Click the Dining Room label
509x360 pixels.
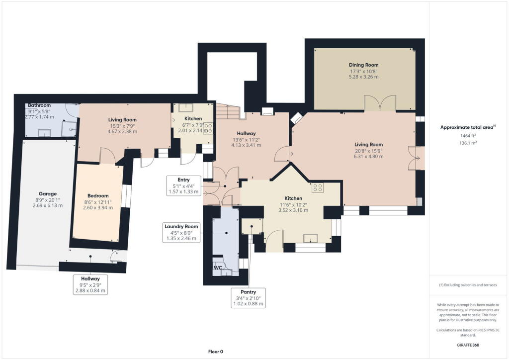coord(364,65)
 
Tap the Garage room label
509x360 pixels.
coord(48,194)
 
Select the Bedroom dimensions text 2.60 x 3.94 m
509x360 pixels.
coord(97,208)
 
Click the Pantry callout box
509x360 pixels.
coord(248,298)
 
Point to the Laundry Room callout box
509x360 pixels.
coord(181,232)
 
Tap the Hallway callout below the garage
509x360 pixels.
coord(90,284)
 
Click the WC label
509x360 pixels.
coord(218,268)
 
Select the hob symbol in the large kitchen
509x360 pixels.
coord(318,188)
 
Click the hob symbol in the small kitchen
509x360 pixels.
coord(208,127)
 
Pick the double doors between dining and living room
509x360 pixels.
coord(380,103)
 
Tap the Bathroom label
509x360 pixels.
coord(39,105)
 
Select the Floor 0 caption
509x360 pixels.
coord(215,352)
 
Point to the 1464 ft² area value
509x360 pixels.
coord(466,135)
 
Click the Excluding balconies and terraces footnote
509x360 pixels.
coord(466,285)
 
